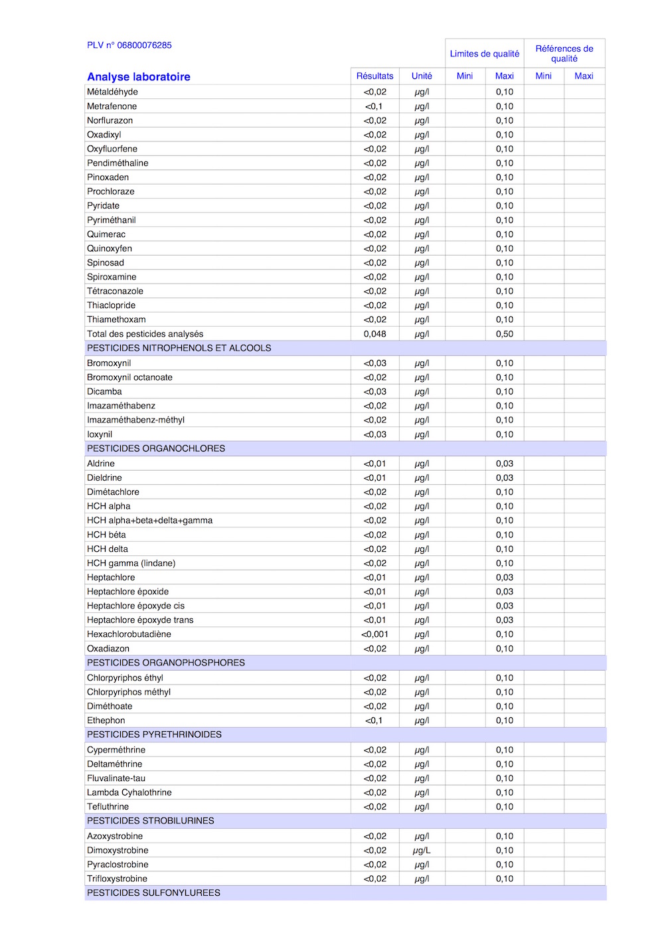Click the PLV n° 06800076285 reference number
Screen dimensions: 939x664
point(129,45)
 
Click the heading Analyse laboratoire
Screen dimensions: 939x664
point(138,77)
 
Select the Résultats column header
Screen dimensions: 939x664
point(374,76)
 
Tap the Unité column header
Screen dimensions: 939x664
point(422,76)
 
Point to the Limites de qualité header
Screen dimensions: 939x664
point(485,54)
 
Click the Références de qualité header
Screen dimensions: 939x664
point(564,54)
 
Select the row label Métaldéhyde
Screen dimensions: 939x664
point(112,92)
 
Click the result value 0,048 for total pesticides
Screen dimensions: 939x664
point(374,334)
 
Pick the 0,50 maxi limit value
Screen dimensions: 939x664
point(505,334)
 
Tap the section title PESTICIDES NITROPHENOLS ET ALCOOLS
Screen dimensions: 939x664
point(179,348)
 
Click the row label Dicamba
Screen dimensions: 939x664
point(104,392)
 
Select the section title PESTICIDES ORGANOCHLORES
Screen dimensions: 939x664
point(156,449)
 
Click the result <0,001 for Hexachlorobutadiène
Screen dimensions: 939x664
point(374,634)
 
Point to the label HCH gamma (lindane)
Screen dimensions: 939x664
point(131,563)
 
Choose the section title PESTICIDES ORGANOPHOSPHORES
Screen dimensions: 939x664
point(166,663)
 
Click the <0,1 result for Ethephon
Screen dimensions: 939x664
point(374,721)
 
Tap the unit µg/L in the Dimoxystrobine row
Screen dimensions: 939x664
point(422,851)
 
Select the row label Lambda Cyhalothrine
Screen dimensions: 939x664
point(129,793)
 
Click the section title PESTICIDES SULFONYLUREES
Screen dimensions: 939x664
point(153,893)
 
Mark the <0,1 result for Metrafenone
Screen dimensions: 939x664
point(374,106)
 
